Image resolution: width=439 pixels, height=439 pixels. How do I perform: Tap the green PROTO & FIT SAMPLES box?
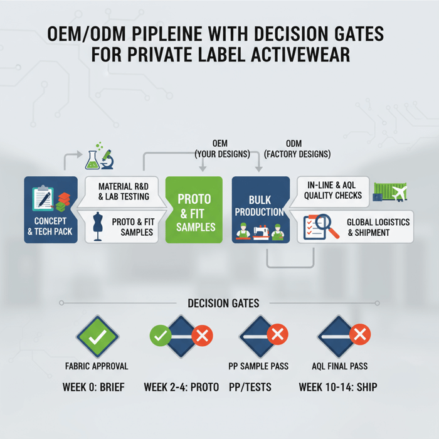point(194,209)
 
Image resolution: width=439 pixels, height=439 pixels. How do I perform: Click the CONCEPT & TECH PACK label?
point(50,226)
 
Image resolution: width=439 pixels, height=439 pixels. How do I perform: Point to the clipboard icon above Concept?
point(43,199)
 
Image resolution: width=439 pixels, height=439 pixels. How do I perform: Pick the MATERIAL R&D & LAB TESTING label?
point(124,191)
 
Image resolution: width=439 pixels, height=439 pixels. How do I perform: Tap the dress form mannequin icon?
point(97,226)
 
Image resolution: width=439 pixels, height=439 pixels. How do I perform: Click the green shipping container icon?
point(390,191)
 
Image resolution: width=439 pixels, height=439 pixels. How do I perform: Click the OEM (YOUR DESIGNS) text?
point(222,149)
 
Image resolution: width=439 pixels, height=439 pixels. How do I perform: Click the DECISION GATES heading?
point(223,303)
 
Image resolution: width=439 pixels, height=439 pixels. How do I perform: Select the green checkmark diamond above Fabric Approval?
point(97,337)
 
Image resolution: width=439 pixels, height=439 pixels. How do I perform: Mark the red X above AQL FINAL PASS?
point(359,336)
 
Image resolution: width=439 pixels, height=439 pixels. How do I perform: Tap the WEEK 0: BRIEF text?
point(93,387)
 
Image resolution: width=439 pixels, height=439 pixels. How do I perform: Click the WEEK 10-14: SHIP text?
point(338,387)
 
